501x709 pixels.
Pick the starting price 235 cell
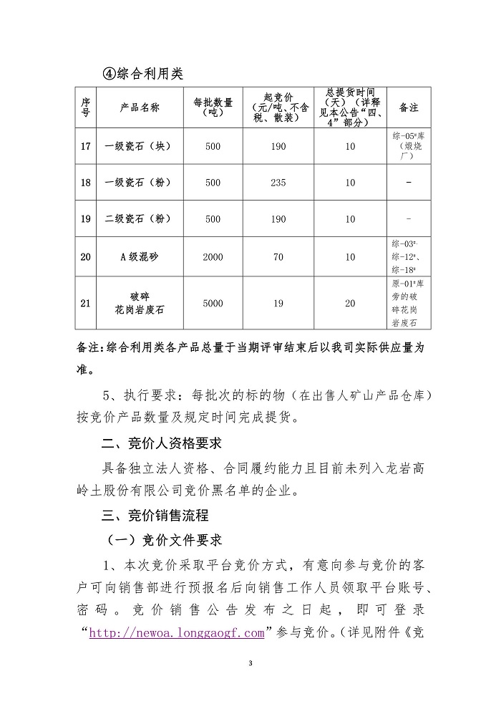click(278, 183)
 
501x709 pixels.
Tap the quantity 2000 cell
click(213, 257)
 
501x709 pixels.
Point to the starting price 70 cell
click(278, 257)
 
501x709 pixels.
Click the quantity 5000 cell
click(213, 304)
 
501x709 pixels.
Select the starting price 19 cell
click(278, 304)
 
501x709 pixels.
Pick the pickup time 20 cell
click(350, 304)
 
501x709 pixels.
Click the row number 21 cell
click(86, 304)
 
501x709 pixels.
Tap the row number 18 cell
click(86, 183)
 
